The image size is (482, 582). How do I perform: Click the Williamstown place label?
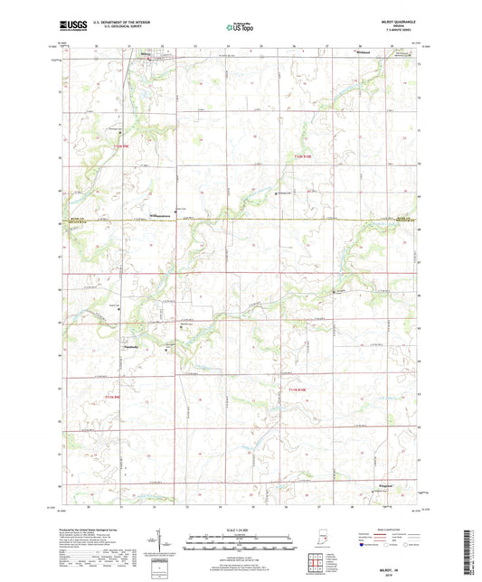click(161, 214)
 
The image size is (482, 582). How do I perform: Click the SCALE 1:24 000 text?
click(240, 529)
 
